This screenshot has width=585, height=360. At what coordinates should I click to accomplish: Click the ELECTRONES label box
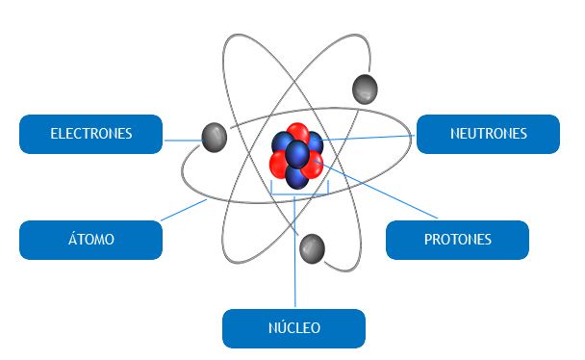coord(90,134)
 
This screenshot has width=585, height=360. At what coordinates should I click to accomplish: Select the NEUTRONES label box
coord(488,134)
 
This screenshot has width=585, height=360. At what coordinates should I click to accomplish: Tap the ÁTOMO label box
coord(90,240)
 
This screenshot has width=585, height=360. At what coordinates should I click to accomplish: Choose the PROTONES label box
coord(457,240)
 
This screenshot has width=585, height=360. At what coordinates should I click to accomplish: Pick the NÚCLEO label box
coord(293,328)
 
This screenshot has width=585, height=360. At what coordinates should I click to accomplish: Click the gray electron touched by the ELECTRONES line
coord(215,138)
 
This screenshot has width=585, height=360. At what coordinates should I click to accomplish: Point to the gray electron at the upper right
coord(365,90)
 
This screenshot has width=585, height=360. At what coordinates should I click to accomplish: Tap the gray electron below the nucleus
coord(312,249)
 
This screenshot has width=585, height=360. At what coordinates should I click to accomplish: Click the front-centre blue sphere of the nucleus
coord(297,154)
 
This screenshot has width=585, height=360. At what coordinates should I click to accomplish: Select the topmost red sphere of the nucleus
coord(297,133)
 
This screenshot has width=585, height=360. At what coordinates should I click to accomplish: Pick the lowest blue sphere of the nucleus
coord(296,178)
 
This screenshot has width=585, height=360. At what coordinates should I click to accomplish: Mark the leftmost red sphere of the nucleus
coord(278,165)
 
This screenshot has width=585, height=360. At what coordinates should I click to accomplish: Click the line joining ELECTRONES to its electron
coord(183,141)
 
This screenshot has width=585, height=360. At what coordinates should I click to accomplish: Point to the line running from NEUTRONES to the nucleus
coord(369,138)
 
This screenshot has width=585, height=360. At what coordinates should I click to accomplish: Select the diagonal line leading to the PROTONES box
coord(375,189)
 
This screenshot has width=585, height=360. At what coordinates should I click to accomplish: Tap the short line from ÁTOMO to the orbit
coord(184,210)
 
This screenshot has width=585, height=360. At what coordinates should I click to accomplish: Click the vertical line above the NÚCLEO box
coord(294,251)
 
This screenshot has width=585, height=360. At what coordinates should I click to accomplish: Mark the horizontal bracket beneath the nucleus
coord(299,194)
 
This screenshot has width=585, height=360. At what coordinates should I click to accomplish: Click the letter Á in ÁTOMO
coord(72,238)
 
